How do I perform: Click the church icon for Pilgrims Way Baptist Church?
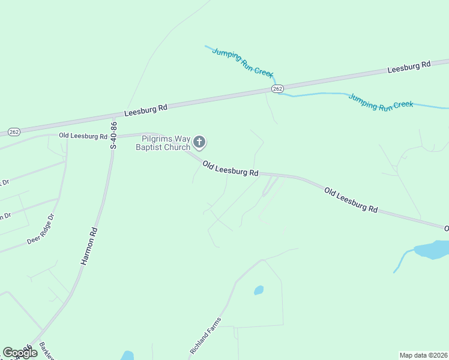click(x=199, y=142)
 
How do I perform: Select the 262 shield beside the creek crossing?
click(x=277, y=89)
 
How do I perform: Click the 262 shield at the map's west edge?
click(x=14, y=132)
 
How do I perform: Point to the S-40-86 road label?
click(x=113, y=136)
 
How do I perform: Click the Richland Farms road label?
click(x=205, y=335)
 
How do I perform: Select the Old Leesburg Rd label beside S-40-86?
click(x=83, y=136)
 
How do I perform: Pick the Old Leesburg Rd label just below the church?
click(x=230, y=168)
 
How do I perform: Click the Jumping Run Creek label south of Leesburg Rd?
click(x=381, y=101)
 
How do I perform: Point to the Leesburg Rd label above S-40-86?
click(x=146, y=110)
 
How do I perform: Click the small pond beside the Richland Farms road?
click(x=259, y=290)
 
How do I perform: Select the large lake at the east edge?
click(x=430, y=249)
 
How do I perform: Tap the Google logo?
click(x=20, y=353)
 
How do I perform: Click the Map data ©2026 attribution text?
click(x=423, y=355)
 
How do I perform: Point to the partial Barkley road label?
click(x=46, y=351)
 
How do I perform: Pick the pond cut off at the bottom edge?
click(x=127, y=356)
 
